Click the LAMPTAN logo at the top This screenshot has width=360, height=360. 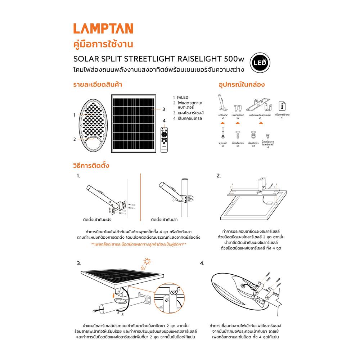103,29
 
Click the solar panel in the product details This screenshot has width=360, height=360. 134,123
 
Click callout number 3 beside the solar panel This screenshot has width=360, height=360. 163,109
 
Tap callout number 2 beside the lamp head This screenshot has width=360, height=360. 75,139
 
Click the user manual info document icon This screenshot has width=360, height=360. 283,106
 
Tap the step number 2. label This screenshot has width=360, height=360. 219,176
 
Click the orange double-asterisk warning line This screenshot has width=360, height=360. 139,244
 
